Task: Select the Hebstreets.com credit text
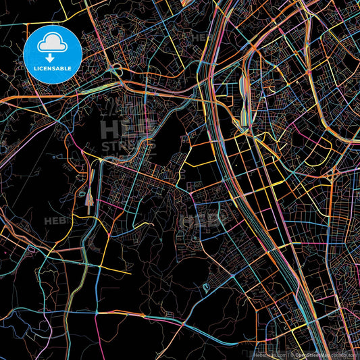coord(268,354)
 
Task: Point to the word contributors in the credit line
coord(345,354)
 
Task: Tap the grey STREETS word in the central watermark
coord(128,145)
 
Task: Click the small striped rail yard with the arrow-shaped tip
coord(91,200)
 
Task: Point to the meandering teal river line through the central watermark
coord(145,138)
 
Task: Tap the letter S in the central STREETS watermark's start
coord(106,145)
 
